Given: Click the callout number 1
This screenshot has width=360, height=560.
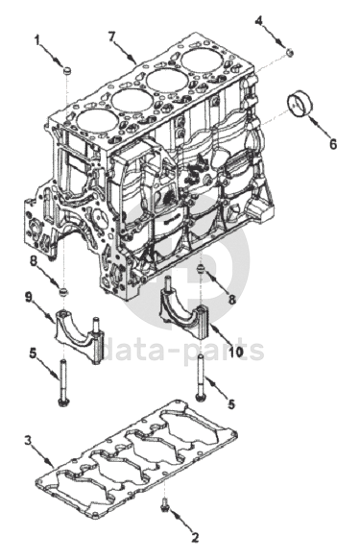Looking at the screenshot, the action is click(x=37, y=40).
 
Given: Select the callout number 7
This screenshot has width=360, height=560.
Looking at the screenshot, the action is click(x=112, y=37).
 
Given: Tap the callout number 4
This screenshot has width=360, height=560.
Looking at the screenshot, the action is click(x=259, y=20).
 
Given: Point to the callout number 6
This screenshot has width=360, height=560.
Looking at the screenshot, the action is click(x=333, y=144).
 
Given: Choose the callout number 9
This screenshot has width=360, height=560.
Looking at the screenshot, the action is click(x=29, y=297).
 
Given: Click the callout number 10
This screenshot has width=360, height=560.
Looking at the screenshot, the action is click(x=236, y=352).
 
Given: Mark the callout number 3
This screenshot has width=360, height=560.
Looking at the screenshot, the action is click(x=29, y=440).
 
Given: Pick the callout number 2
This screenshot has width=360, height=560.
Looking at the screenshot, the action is click(x=195, y=537).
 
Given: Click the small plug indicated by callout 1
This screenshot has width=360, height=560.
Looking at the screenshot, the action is click(x=66, y=71).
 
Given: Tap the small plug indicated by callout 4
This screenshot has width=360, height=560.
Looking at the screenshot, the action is click(x=291, y=53).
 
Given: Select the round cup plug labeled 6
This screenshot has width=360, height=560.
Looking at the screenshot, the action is click(x=300, y=104).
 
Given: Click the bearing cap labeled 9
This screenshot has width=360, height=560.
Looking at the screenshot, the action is click(x=79, y=335).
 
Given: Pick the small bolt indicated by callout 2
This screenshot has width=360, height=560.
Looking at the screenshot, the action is click(x=164, y=504).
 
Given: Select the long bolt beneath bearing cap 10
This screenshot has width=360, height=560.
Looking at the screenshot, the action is click(x=200, y=377).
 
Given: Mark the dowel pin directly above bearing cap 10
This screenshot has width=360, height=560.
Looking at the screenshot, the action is click(x=202, y=270).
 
